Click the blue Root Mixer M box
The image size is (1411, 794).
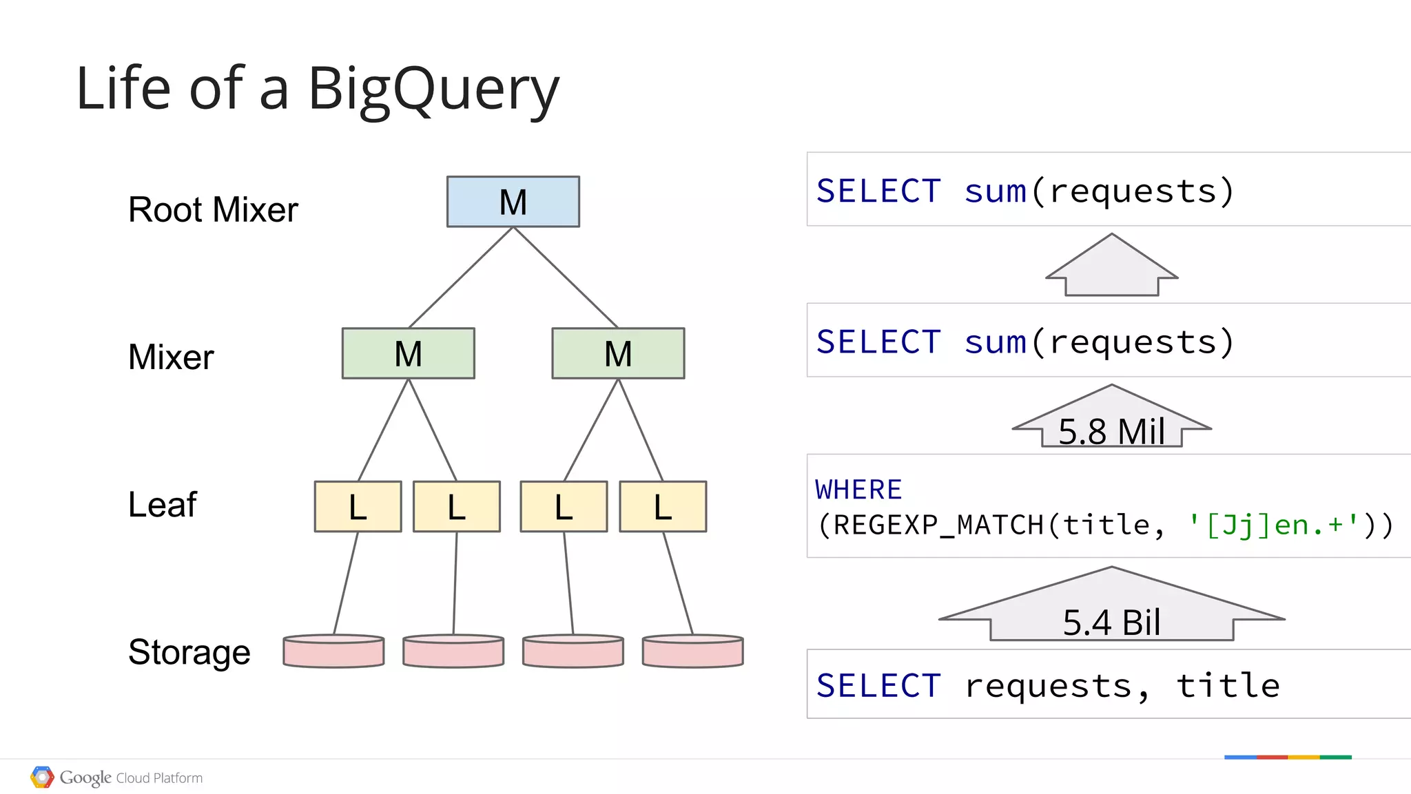pyautogui.click(x=513, y=202)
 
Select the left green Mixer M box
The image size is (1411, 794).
pyautogui.click(x=408, y=353)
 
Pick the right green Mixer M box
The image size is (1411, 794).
pyautogui.click(x=618, y=353)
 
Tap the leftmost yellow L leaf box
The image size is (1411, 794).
pyautogui.click(x=358, y=507)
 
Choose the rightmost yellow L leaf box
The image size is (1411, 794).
pyautogui.click(x=663, y=507)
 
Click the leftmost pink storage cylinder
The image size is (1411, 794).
pyautogui.click(x=333, y=651)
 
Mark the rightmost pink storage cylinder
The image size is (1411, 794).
pyautogui.click(x=692, y=651)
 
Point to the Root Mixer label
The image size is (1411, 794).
pyautogui.click(x=213, y=209)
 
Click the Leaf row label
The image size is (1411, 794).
pyautogui.click(x=163, y=504)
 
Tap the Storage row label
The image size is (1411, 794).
pyautogui.click(x=189, y=651)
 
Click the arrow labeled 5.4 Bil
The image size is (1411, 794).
pyautogui.click(x=1111, y=609)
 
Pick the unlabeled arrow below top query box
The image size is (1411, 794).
pyautogui.click(x=1111, y=267)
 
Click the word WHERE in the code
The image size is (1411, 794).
pyautogui.click(x=858, y=490)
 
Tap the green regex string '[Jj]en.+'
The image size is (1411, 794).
pyautogui.click(x=1273, y=525)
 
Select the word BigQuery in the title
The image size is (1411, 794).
pyautogui.click(x=433, y=90)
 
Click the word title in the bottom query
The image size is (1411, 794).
pyautogui.click(x=1228, y=686)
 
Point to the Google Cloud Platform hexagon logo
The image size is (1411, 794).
pyautogui.click(x=42, y=777)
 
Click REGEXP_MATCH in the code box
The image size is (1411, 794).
pyautogui.click(x=939, y=525)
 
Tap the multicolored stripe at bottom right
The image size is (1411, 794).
pyautogui.click(x=1287, y=757)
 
